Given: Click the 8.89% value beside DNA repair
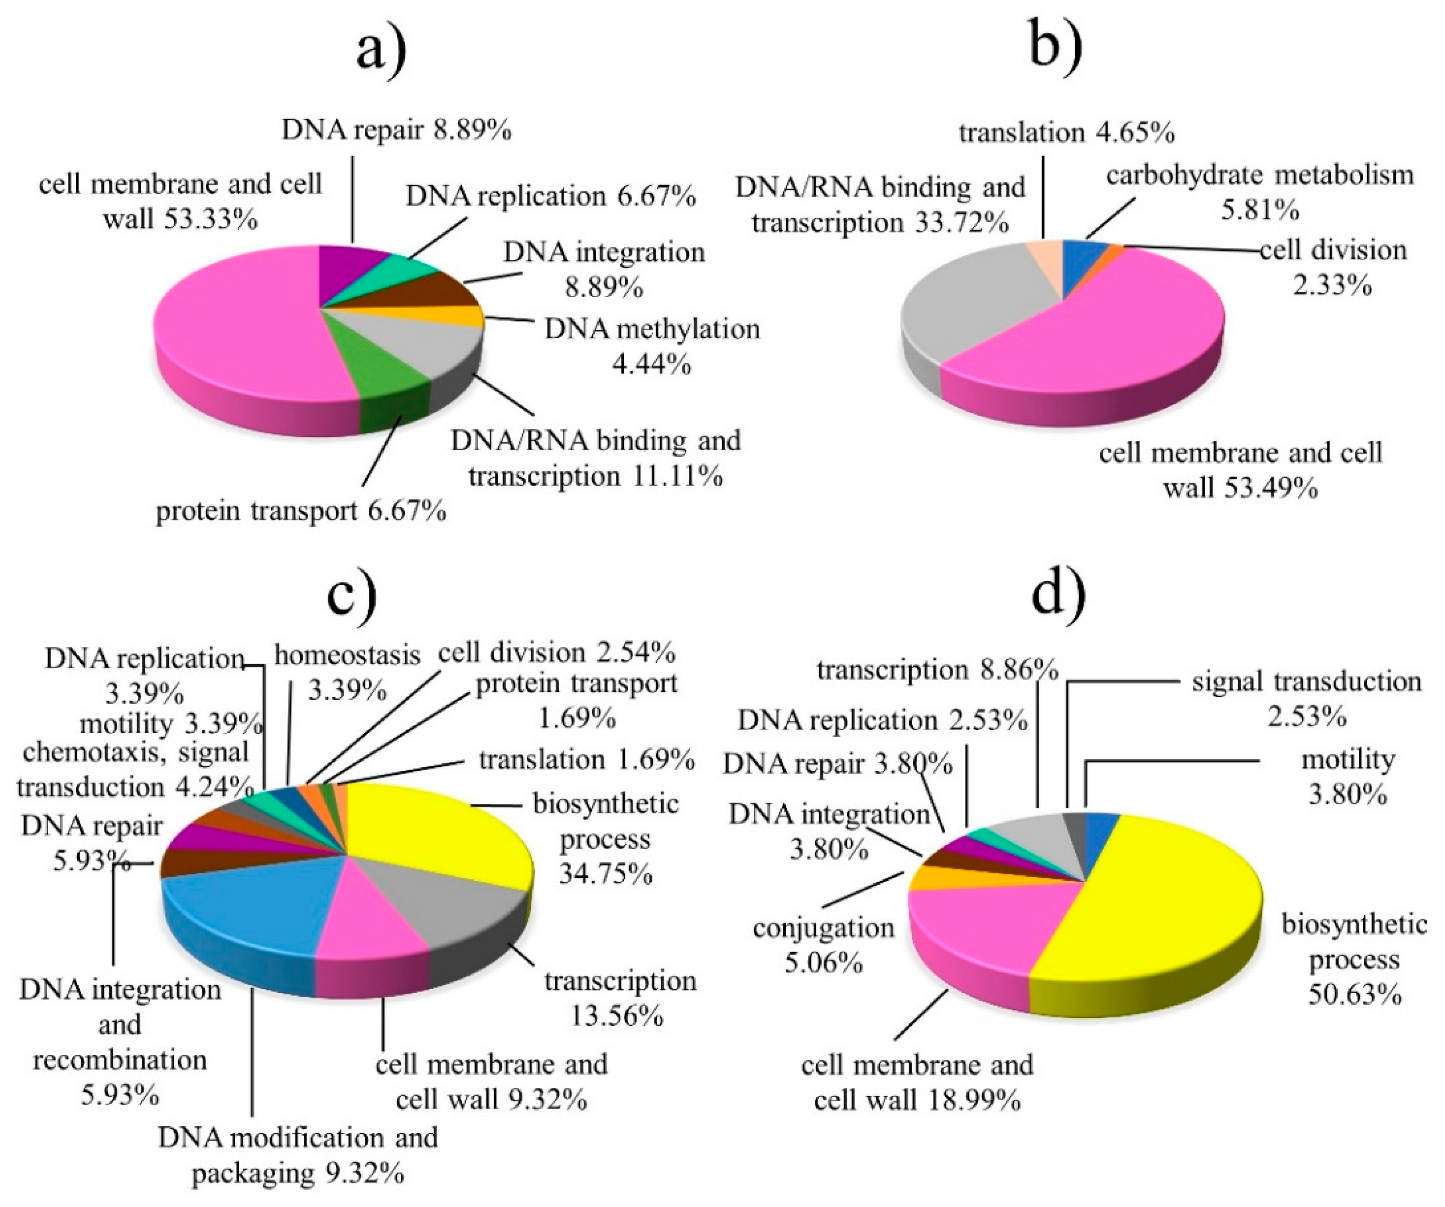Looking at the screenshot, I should tap(471, 130).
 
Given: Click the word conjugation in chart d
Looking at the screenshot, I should tap(823, 928).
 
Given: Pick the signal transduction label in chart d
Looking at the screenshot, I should tap(1306, 681).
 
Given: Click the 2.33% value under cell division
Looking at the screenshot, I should tap(1332, 284).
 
